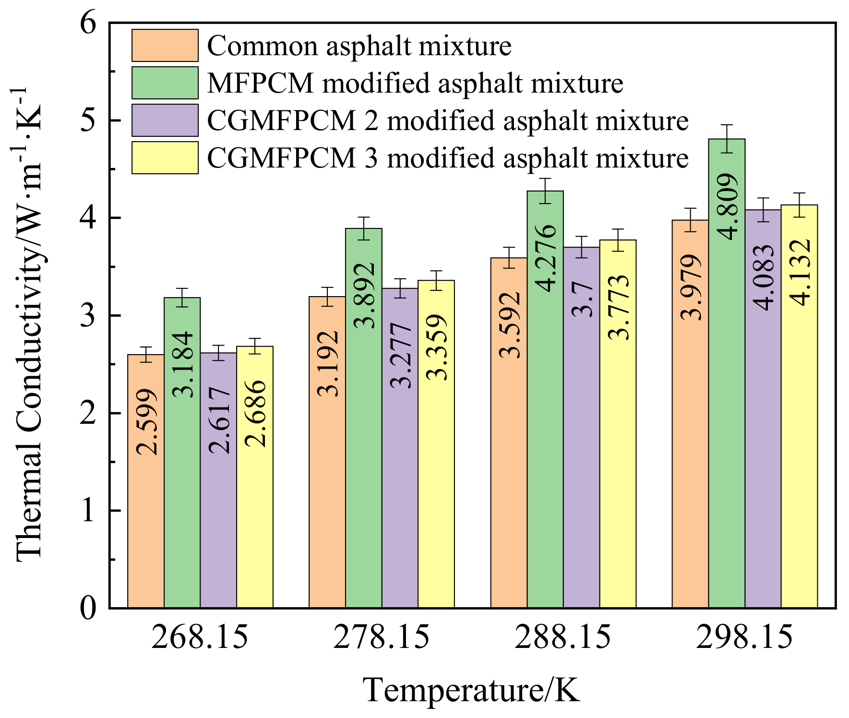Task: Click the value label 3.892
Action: (x=364, y=295)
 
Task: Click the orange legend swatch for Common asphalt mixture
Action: (x=165, y=46)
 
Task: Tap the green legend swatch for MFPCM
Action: (x=165, y=83)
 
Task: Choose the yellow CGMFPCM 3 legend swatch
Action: (x=165, y=157)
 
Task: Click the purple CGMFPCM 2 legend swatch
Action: (x=165, y=120)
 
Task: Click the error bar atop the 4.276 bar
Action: (x=545, y=191)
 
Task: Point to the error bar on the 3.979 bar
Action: (x=690, y=220)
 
